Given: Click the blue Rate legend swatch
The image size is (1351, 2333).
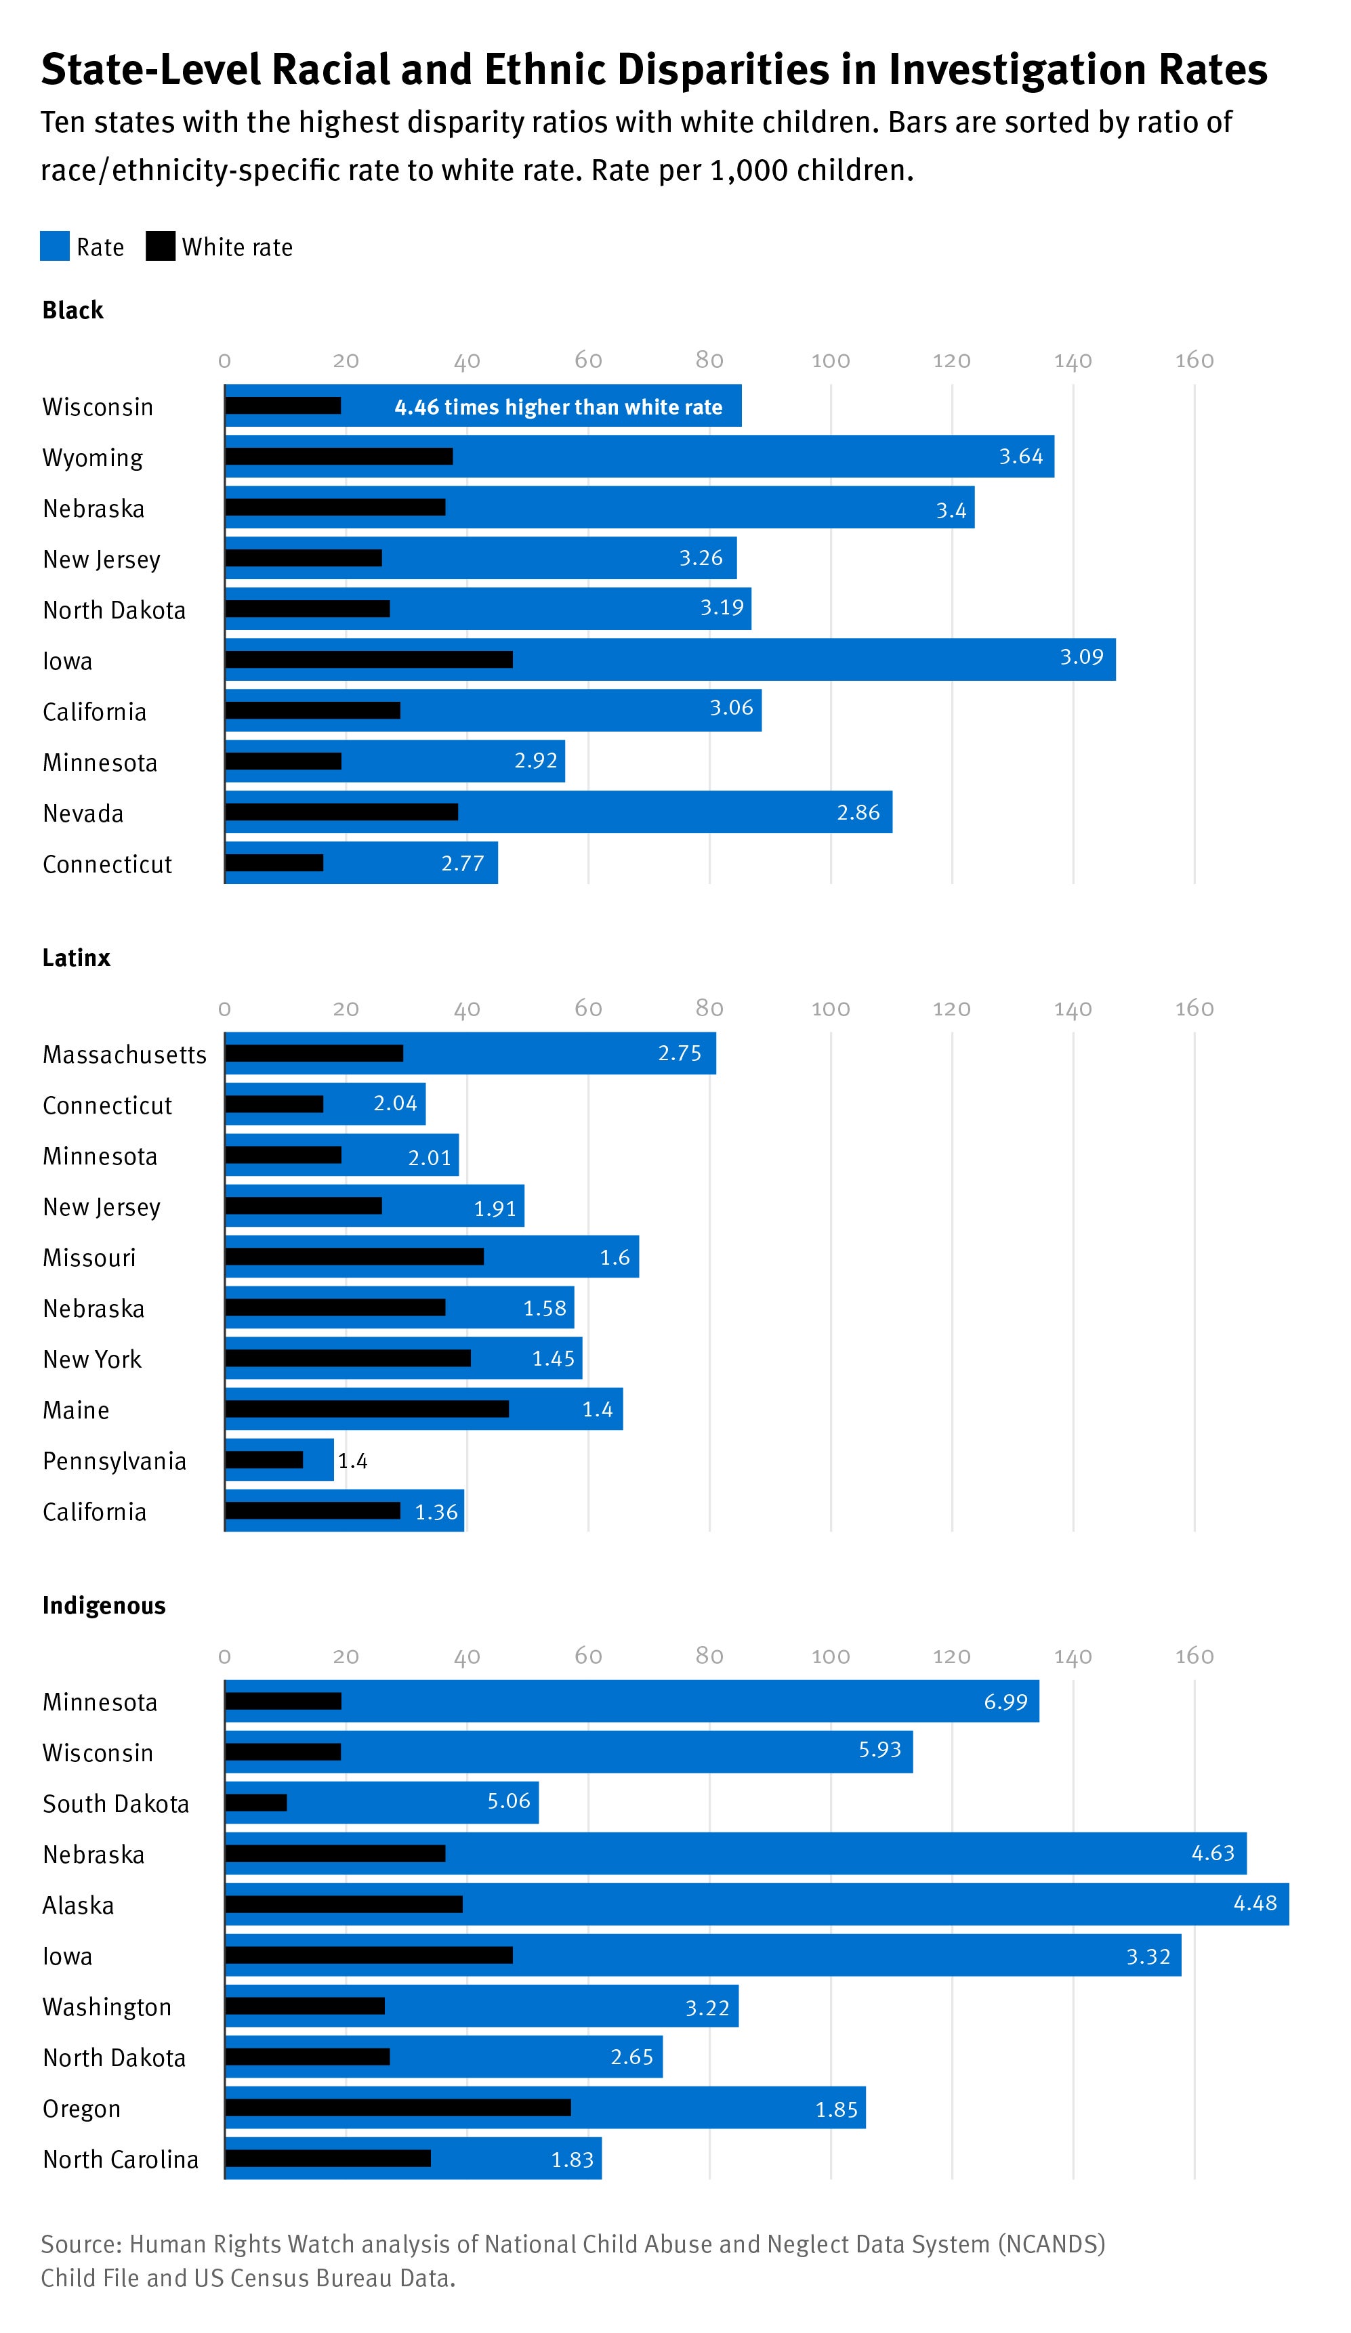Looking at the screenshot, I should click(55, 247).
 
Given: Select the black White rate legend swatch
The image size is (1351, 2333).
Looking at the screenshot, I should click(160, 247).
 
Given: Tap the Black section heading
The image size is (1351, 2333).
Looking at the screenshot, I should click(72, 310).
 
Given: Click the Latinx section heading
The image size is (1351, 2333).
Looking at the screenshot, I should click(76, 957).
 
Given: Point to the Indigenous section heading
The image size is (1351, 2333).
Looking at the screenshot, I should click(104, 1605).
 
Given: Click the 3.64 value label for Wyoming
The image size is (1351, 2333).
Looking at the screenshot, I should click(1020, 457).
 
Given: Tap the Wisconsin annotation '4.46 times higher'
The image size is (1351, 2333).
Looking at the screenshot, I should click(558, 407).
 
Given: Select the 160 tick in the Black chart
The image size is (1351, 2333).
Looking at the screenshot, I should click(1194, 360).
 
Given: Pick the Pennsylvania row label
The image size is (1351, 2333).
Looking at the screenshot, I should click(115, 1461).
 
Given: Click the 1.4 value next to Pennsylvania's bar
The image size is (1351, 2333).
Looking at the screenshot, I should click(353, 1461).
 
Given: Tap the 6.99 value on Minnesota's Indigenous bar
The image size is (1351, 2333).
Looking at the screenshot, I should click(1005, 1702).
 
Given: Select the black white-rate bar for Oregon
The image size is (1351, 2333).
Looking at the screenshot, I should click(398, 2107).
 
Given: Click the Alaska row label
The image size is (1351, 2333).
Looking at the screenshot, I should click(79, 1906).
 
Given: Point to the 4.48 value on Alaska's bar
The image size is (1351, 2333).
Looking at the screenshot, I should click(1255, 1904).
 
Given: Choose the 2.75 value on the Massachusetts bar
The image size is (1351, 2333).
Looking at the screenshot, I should click(680, 1053).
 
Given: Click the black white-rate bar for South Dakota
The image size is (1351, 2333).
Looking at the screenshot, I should click(257, 1803).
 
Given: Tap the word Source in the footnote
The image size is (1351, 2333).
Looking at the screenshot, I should click(81, 2244).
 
